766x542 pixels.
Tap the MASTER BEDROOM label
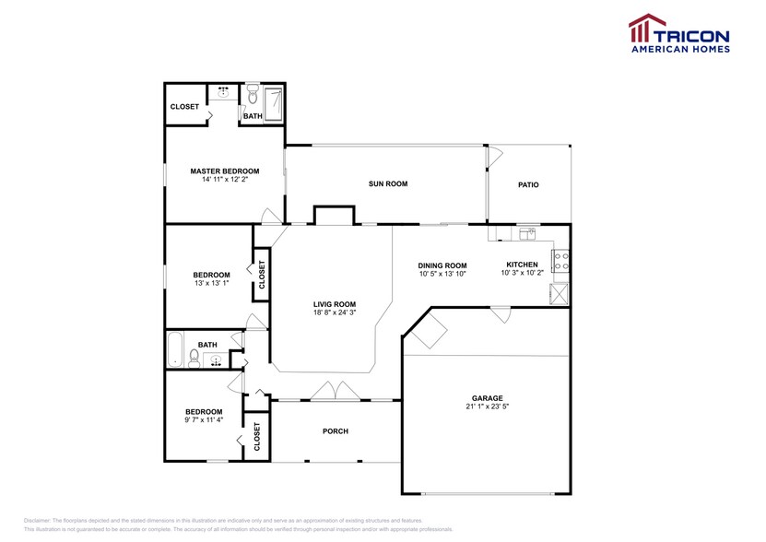coord(224,171)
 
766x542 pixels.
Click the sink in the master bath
coord(223,91)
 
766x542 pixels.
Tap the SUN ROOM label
coord(387,184)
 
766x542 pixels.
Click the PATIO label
coord(528,185)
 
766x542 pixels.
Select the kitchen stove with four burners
coord(560,262)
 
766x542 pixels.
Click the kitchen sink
coord(526,233)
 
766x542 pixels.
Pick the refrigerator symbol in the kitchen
coord(559,294)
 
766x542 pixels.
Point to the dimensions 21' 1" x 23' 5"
coord(488,406)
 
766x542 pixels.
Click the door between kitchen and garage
coord(501,315)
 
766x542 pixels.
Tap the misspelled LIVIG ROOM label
coord(334,304)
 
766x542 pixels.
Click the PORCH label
coord(335,431)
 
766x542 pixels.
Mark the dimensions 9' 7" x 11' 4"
coord(203,420)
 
